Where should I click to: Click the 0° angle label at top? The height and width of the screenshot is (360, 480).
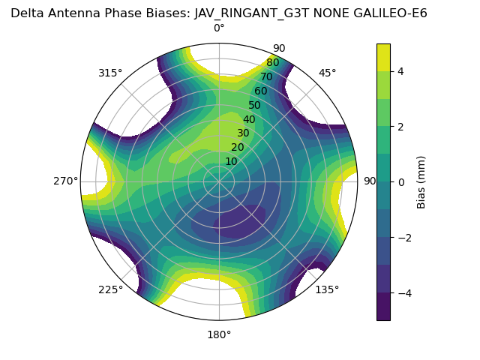click(x=219, y=28)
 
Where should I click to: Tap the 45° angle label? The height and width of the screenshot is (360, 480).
click(x=327, y=73)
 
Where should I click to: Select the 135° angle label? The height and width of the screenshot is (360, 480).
click(x=327, y=289)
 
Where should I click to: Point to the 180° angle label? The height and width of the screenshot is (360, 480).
click(x=219, y=334)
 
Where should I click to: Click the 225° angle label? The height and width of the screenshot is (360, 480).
click(x=110, y=289)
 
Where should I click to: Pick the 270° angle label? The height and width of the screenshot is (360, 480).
click(x=65, y=181)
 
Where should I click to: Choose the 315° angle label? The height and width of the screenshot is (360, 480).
click(x=110, y=73)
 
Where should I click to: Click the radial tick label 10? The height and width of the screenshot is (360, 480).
click(x=231, y=161)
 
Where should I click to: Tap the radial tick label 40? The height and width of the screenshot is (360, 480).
click(x=249, y=119)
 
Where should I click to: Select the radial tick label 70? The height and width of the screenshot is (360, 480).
click(x=266, y=76)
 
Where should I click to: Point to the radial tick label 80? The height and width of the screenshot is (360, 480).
click(x=272, y=63)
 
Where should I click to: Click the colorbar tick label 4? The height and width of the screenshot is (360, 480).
click(x=400, y=71)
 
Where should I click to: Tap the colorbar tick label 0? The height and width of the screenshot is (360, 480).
click(x=400, y=181)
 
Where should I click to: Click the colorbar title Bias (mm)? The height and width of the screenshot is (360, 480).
click(x=421, y=181)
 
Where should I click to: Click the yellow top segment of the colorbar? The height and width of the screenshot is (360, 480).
click(x=383, y=57)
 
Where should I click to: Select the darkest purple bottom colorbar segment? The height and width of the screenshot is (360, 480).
click(x=383, y=307)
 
